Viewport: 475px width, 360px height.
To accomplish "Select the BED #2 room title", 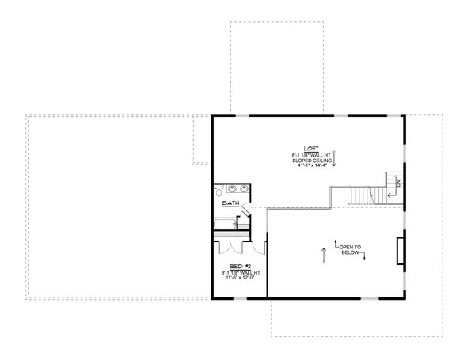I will pyautogui.click(x=235, y=266).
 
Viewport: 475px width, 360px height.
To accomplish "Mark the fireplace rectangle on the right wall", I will pyautogui.click(x=399, y=248).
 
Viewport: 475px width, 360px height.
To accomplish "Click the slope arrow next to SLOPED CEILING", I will pyautogui.click(x=335, y=160).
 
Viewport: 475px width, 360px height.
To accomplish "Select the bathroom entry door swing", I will pyautogui.click(x=247, y=207).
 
